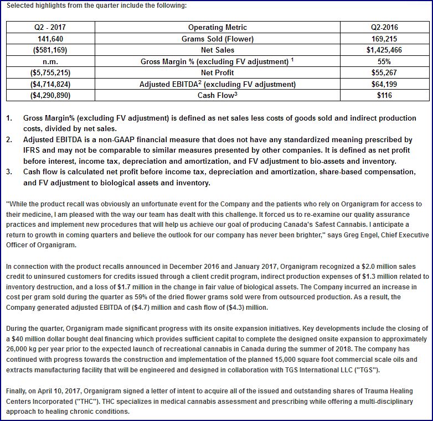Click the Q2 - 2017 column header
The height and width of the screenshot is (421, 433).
coord(50,27)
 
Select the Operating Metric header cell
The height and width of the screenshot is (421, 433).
coord(217,27)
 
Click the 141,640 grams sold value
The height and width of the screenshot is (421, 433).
coord(50,39)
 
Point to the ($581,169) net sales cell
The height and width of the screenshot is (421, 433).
coord(50,50)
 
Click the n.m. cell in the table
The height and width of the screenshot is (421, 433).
coord(50,61)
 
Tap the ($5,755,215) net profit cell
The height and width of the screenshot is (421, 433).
coord(50,72)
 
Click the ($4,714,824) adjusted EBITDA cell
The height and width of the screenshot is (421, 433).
coord(50,84)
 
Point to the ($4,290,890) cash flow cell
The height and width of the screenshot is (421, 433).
coord(50,95)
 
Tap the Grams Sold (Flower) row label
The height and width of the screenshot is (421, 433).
coord(217,39)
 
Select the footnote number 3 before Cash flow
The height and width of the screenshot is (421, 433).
coord(9,172)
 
